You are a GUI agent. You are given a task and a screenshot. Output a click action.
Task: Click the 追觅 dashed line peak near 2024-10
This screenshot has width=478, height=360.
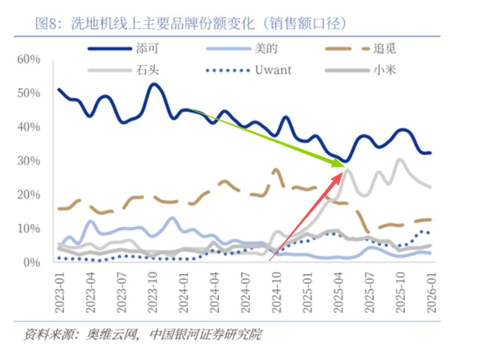pos(277,170)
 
